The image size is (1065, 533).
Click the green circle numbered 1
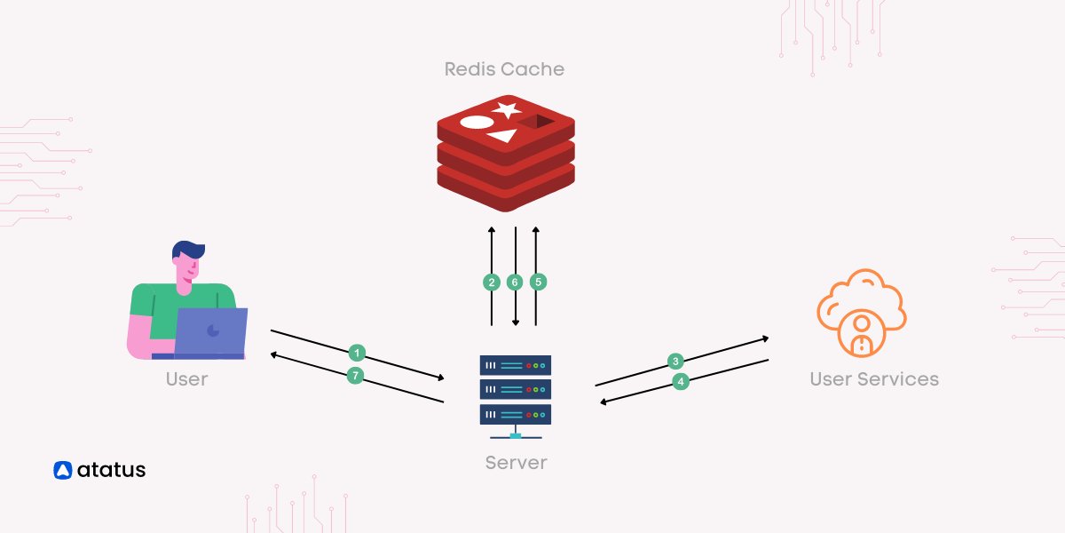[x=357, y=351]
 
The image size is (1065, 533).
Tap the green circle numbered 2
[x=492, y=282]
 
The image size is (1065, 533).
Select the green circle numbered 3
[x=675, y=361]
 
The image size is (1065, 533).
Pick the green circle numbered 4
[x=681, y=381]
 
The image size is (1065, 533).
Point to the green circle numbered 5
[x=538, y=282]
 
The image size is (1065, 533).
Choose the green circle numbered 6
[x=515, y=282]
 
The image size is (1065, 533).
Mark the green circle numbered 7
[x=355, y=376]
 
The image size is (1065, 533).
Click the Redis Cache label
[x=504, y=68]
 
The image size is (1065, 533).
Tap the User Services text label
[x=873, y=379]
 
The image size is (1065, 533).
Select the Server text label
[x=516, y=463]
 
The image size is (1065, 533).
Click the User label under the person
[x=186, y=379]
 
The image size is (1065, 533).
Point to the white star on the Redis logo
[x=507, y=110]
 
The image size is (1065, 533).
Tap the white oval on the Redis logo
[x=476, y=123]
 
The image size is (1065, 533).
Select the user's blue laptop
[x=210, y=331]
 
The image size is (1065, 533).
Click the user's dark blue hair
[x=188, y=250]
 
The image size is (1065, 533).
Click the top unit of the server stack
[x=516, y=365]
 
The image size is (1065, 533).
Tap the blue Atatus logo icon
[x=62, y=471]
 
